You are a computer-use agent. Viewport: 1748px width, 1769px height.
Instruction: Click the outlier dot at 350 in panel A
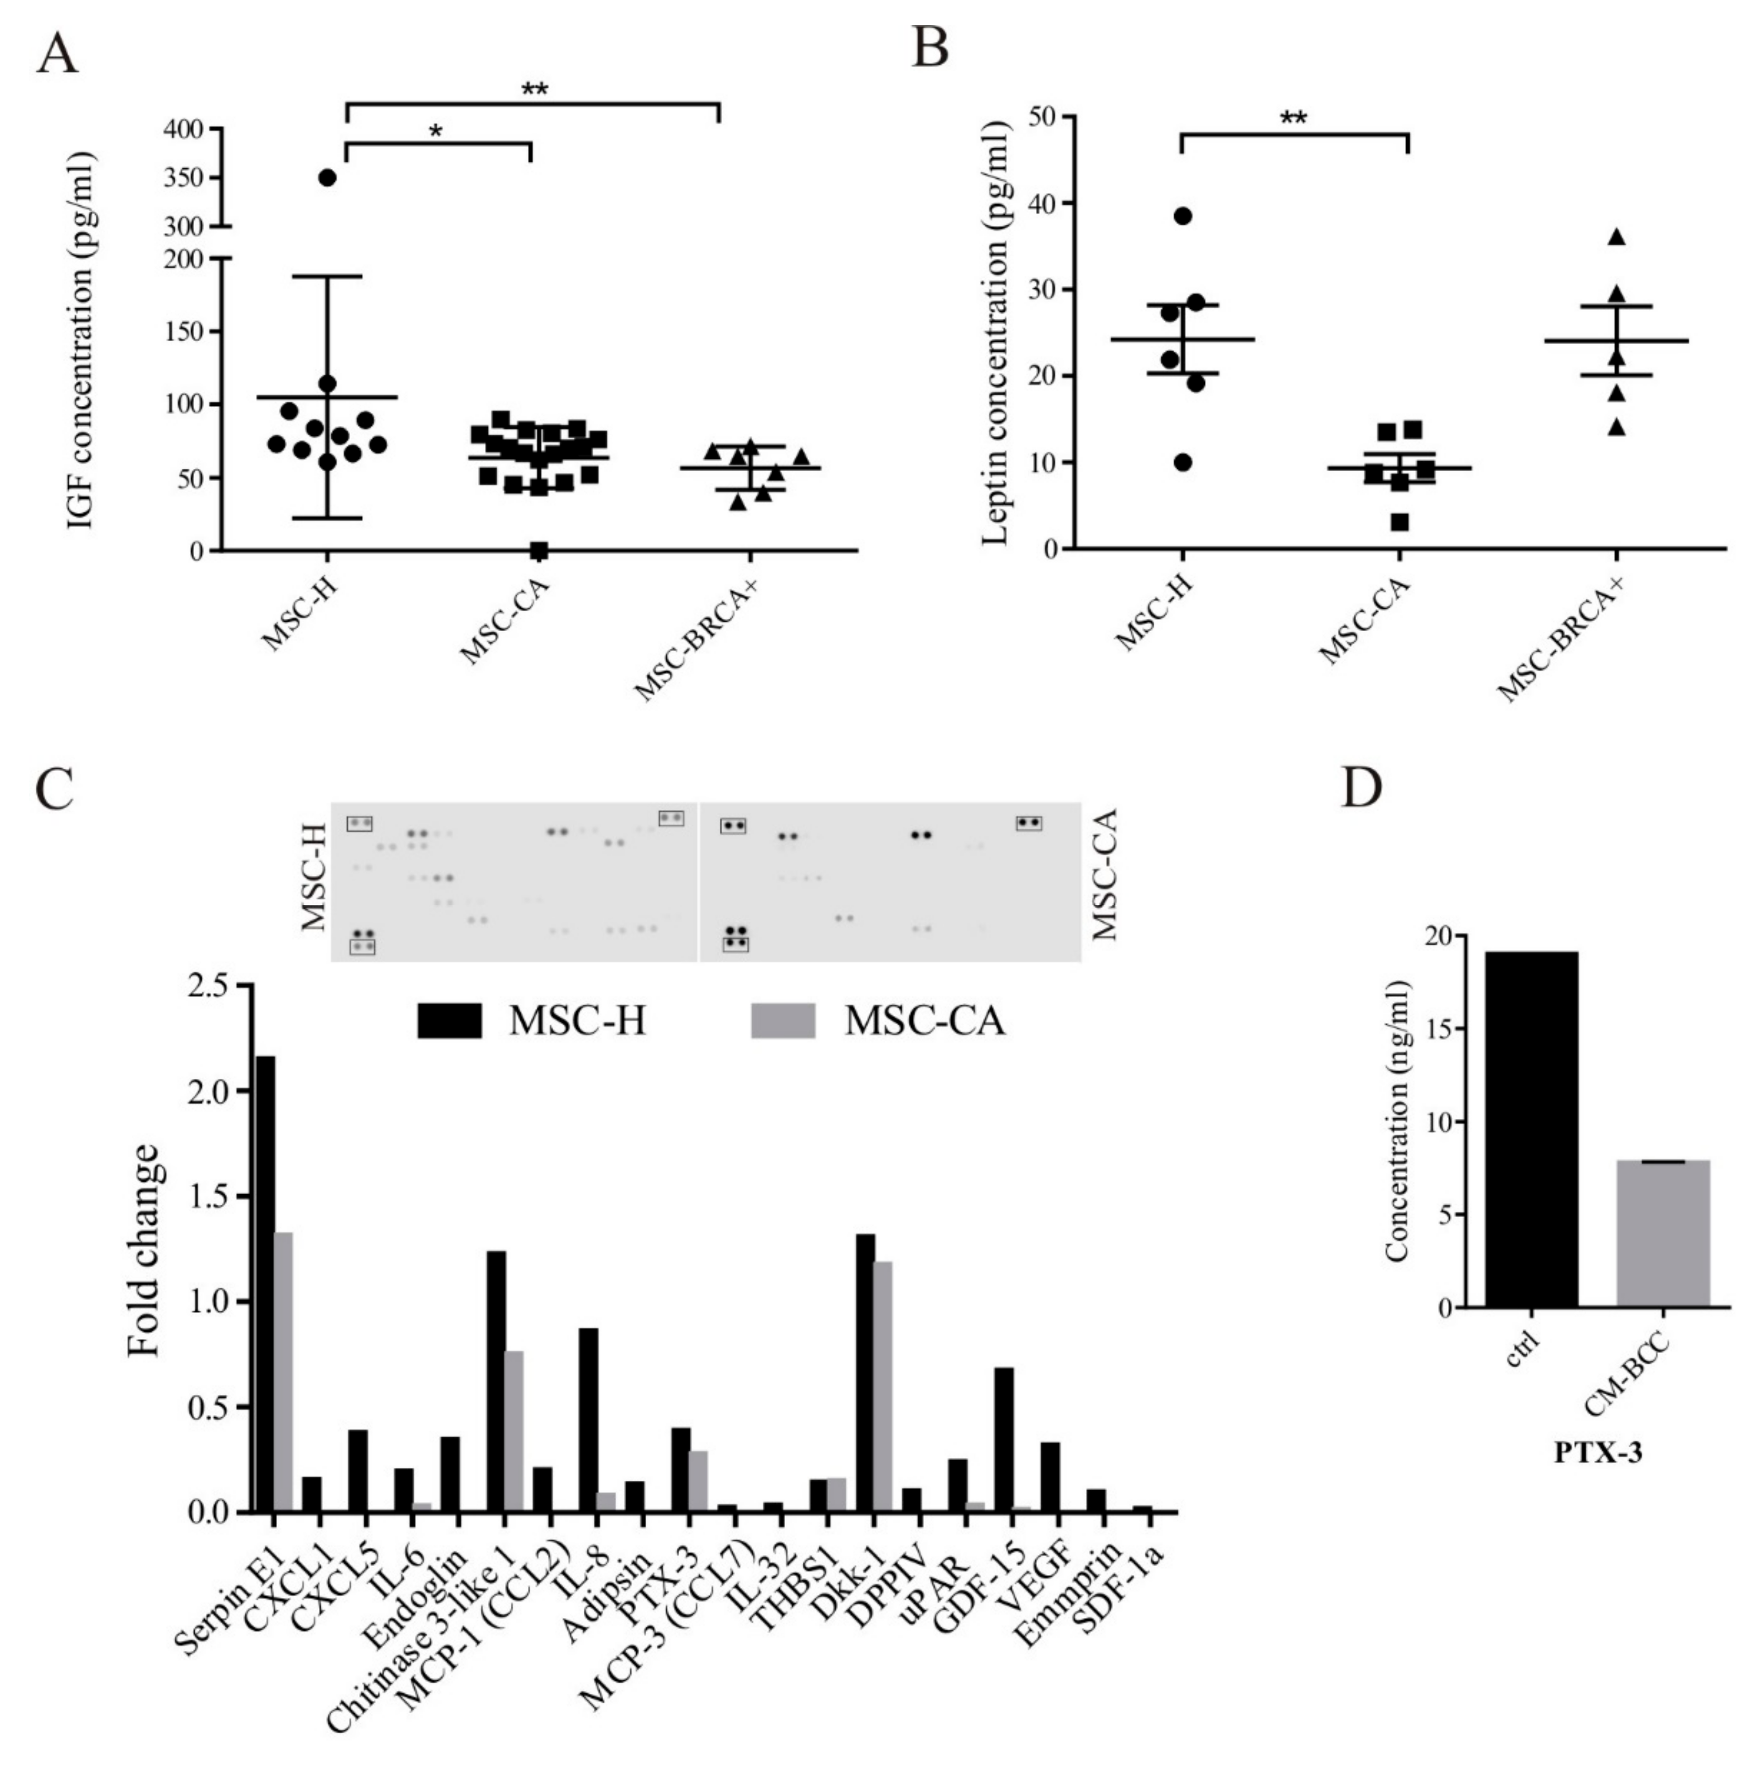click(327, 178)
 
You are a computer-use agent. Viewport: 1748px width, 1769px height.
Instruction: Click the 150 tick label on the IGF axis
click(188, 332)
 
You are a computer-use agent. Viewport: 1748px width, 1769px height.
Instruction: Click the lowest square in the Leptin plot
click(1399, 523)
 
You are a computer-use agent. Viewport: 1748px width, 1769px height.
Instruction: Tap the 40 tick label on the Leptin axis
click(1040, 203)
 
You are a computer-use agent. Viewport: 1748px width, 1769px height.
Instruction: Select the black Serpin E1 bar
click(265, 1282)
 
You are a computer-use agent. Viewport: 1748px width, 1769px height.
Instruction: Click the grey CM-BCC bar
click(1663, 1233)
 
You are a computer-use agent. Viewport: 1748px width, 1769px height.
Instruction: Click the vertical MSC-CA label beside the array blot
click(1105, 874)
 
